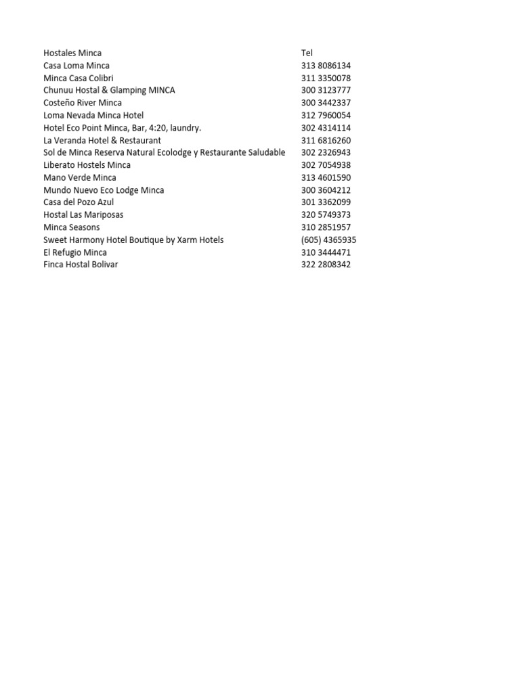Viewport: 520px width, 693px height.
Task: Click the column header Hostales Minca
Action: pos(72,53)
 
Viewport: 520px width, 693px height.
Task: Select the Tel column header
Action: pos(307,53)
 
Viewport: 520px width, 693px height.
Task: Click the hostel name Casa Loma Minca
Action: pos(77,66)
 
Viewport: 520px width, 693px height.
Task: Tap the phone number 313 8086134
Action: pos(326,66)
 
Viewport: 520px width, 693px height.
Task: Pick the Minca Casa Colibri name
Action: pos(79,78)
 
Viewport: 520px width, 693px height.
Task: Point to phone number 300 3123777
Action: pos(326,90)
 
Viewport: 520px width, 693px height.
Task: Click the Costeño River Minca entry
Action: pos(83,103)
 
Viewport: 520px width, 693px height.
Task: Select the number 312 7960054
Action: pos(326,115)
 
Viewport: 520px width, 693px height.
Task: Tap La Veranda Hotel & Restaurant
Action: pos(102,140)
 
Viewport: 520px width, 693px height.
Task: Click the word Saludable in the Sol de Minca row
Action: pos(265,152)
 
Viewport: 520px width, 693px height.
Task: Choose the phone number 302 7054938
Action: pos(326,165)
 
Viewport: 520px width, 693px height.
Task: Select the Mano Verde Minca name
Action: pos(80,177)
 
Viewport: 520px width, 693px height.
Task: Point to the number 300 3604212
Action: pos(326,190)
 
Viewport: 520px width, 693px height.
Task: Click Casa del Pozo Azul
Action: pos(79,202)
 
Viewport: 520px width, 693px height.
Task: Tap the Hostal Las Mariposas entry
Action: pos(83,215)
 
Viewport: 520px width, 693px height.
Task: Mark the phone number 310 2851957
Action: pos(326,227)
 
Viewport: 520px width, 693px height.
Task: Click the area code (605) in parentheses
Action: pos(312,240)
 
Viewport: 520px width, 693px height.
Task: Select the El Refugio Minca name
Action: pos(75,252)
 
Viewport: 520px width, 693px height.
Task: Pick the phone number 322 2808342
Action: pos(326,265)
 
